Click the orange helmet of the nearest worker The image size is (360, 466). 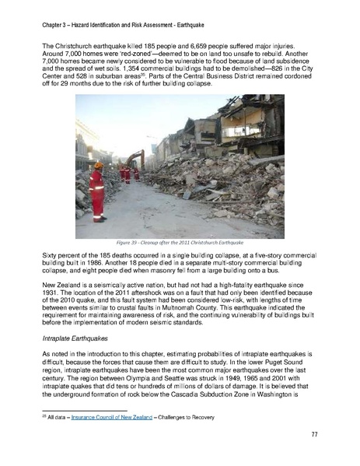98,166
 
